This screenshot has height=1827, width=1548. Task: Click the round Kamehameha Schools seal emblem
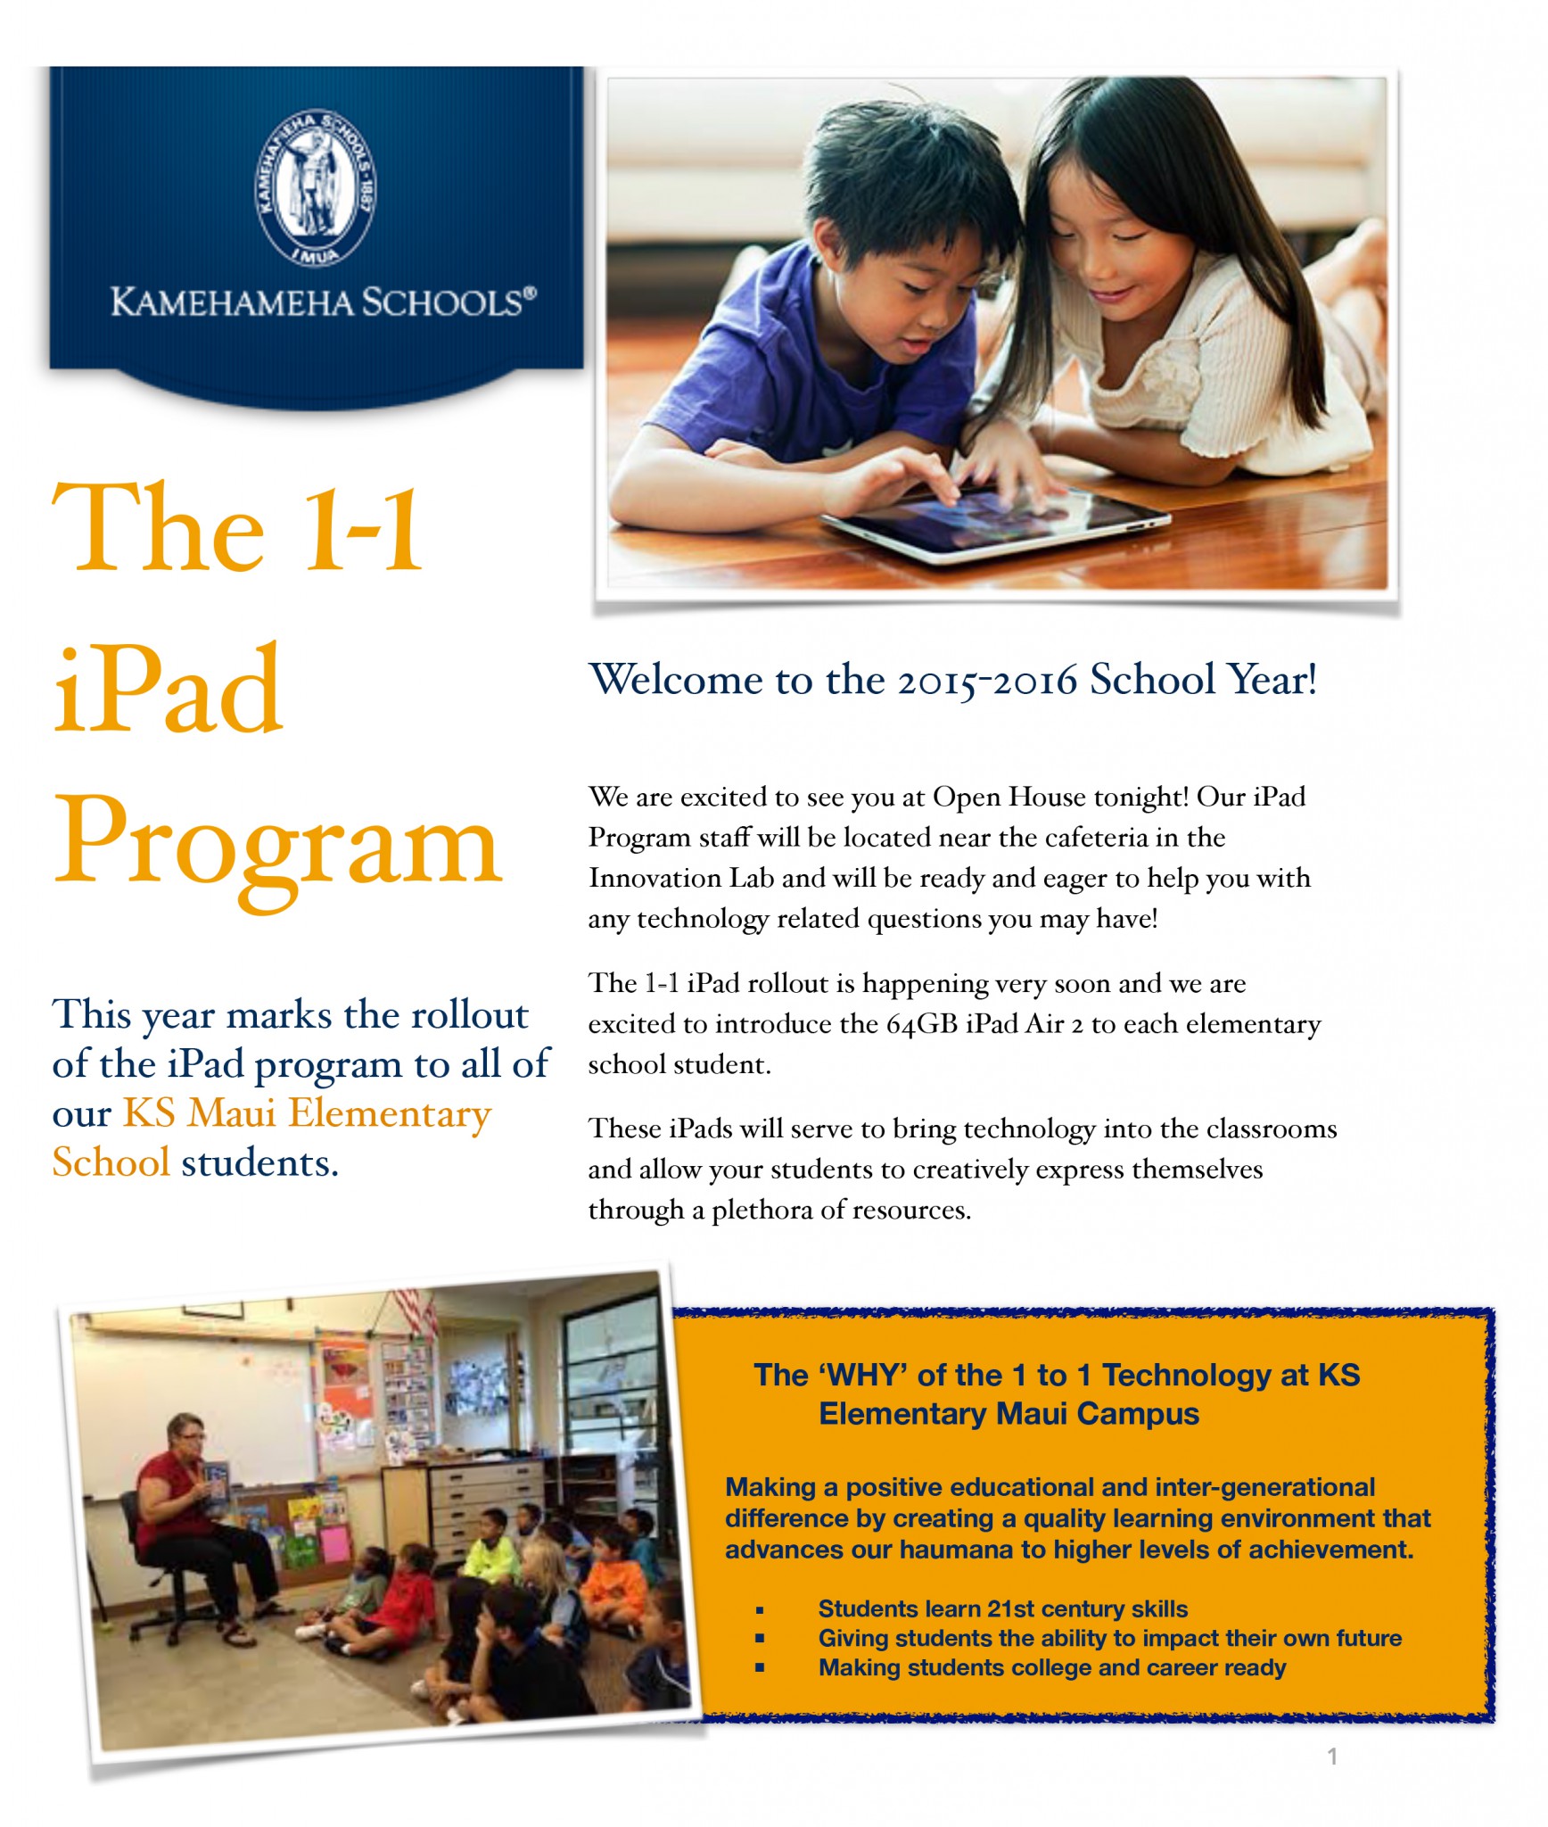pos(316,187)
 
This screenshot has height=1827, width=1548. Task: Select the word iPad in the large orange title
pos(169,690)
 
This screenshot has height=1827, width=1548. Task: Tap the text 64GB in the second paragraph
pos(921,1024)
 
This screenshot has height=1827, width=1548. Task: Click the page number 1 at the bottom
pos(1332,1757)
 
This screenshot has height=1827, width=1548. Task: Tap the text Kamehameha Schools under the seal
pos(323,303)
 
